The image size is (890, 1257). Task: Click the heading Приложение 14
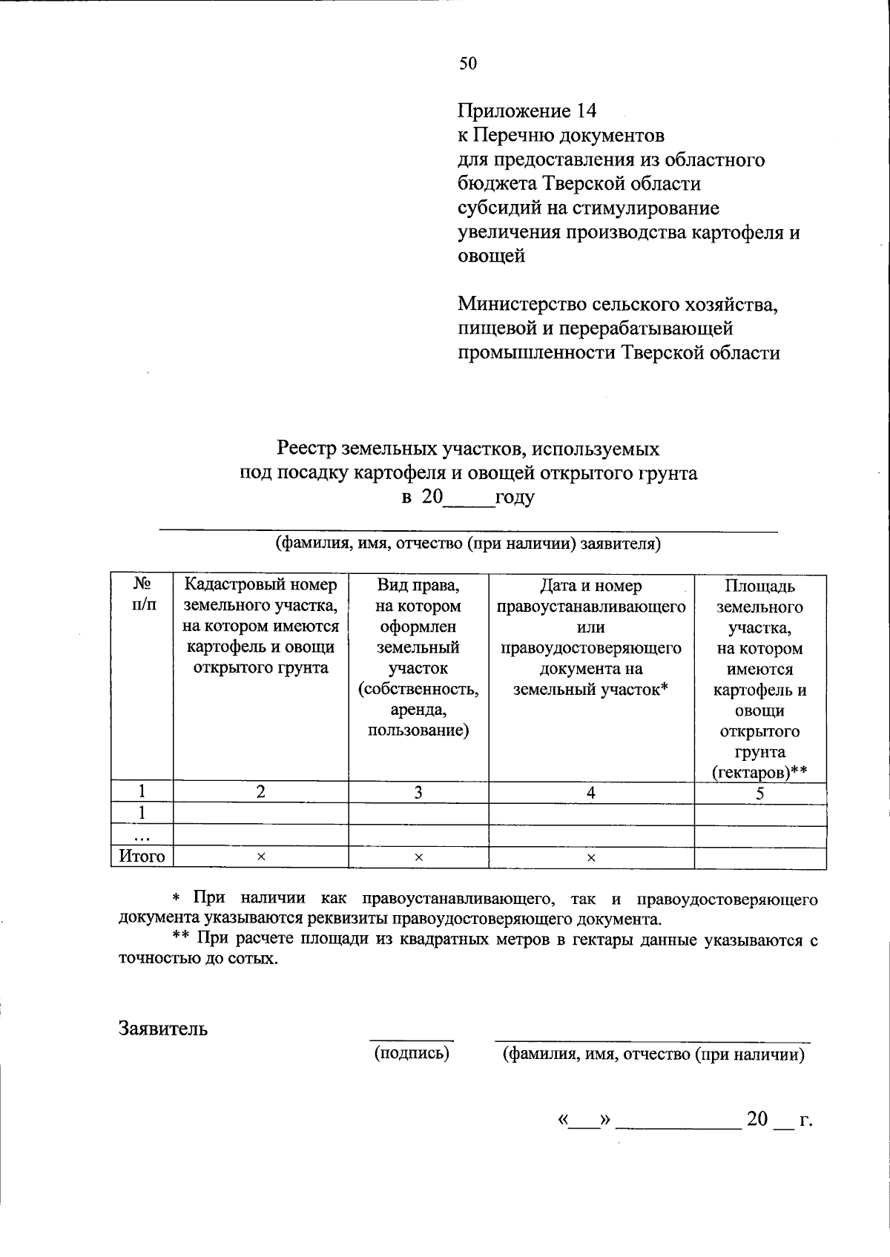(x=527, y=111)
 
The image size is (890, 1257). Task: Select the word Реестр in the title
(x=306, y=449)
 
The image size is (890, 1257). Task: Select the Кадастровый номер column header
(x=260, y=626)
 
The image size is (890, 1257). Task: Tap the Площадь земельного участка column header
(x=759, y=679)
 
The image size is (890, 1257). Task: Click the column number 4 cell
(x=591, y=792)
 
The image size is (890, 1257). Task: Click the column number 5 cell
(x=759, y=793)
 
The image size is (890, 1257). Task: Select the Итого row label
(x=142, y=857)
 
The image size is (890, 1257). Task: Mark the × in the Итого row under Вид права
(x=418, y=857)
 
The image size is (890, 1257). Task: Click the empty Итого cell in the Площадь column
(x=759, y=857)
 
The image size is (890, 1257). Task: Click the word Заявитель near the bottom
(x=163, y=1029)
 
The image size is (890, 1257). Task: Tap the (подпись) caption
(x=412, y=1052)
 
